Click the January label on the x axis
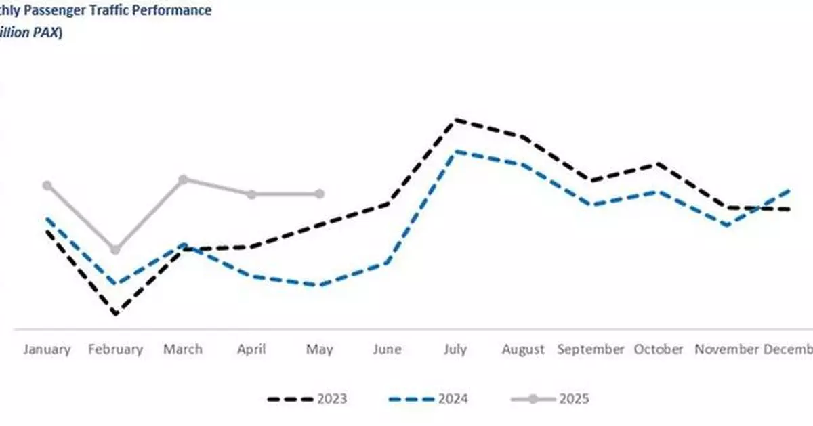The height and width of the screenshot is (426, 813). [47, 349]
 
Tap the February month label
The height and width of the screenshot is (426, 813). [115, 349]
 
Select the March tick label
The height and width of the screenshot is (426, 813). [183, 349]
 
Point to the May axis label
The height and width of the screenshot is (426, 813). [320, 349]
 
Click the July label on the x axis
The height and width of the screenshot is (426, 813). [455, 349]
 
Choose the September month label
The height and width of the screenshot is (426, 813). [591, 349]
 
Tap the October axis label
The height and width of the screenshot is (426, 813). [659, 349]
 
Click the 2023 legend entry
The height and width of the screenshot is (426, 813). [308, 399]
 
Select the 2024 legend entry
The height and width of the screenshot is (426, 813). [428, 399]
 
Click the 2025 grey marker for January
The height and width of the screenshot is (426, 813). [47, 186]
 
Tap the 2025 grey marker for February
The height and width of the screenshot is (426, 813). [115, 250]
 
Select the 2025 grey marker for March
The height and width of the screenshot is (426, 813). [183, 179]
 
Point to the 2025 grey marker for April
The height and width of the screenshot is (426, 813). [251, 194]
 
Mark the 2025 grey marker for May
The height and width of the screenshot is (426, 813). [320, 194]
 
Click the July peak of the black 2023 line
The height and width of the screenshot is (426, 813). [456, 120]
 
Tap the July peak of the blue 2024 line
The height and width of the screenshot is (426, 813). [456, 151]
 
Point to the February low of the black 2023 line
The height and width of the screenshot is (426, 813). [115, 314]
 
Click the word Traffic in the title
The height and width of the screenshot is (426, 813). [107, 12]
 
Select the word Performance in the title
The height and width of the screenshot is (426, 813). [173, 12]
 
